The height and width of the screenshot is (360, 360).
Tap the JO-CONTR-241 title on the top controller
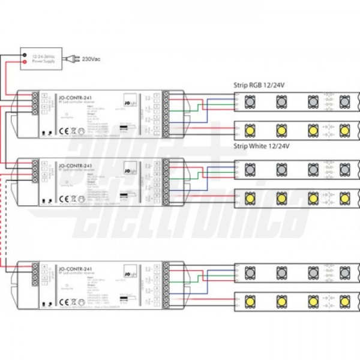click(72, 94)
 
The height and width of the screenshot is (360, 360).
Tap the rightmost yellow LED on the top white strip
click(344, 129)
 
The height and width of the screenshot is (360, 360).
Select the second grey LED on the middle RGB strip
click(280, 167)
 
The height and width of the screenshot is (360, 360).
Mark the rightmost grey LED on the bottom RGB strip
click(344, 271)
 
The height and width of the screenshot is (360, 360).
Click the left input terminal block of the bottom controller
click(35, 275)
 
